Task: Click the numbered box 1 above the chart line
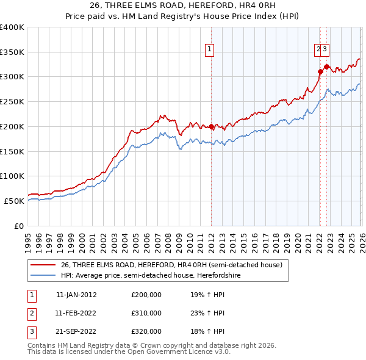click(x=209, y=49)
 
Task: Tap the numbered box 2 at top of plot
click(x=318, y=49)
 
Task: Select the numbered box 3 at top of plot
click(x=326, y=49)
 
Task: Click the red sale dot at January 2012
click(x=211, y=127)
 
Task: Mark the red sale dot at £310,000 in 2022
click(x=320, y=71)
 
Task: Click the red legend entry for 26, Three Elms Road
click(x=171, y=265)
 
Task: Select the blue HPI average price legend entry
click(x=152, y=275)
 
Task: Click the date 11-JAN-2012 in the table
click(x=76, y=294)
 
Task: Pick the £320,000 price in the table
click(x=146, y=332)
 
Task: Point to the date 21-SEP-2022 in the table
click(x=76, y=332)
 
